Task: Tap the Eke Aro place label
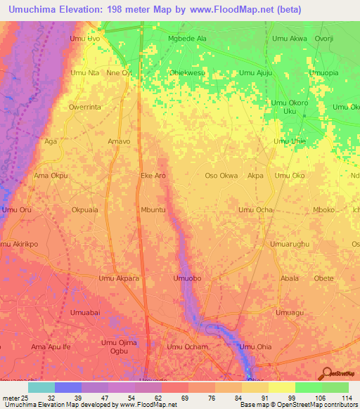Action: pos(153,176)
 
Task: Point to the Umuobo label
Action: pos(188,279)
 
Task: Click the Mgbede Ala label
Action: pos(188,39)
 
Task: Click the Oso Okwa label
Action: pos(221,176)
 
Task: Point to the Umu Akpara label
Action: pos(119,279)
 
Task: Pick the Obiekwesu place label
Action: pos(187,72)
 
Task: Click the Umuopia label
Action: pos(323,72)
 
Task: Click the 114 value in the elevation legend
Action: pos(346,398)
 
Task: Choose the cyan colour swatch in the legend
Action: pos(41,387)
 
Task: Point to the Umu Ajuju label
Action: pos(255,72)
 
